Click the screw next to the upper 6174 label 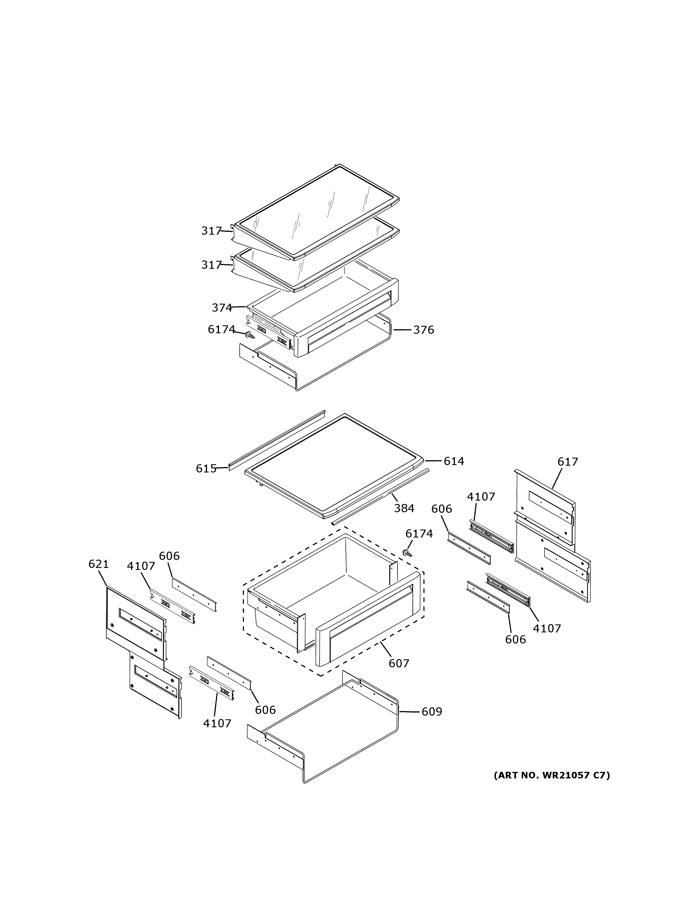249,336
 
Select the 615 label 206,468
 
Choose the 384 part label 404,509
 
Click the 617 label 567,462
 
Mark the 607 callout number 399,663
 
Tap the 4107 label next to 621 141,566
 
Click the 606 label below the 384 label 442,509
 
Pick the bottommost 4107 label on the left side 217,723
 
